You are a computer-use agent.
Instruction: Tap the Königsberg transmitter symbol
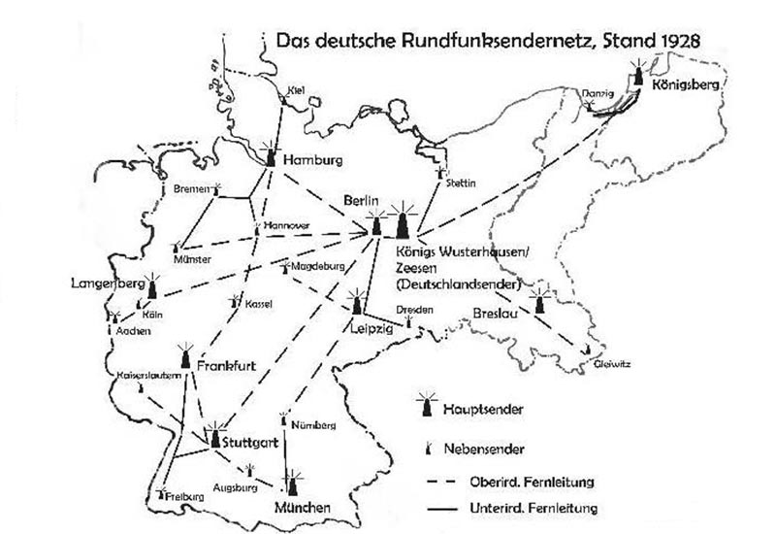[x=638, y=83]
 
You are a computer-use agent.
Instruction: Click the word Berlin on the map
[x=359, y=200]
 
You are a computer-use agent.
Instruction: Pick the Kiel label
[x=297, y=91]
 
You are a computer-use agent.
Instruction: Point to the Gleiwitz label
[x=613, y=365]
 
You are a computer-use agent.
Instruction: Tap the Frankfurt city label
[x=225, y=365]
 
